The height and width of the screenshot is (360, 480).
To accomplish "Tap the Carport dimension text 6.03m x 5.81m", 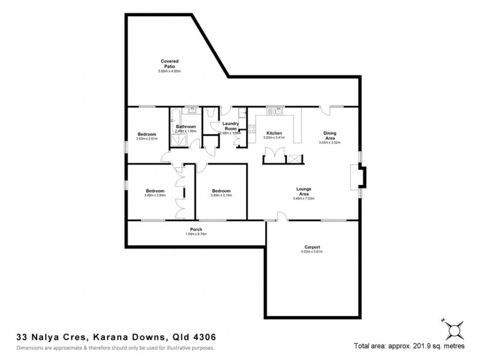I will click(311, 252).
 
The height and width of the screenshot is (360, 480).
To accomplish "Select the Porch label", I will click(196, 229).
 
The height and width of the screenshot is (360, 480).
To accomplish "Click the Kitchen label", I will click(275, 133).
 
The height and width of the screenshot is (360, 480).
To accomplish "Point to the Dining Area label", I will click(329, 136).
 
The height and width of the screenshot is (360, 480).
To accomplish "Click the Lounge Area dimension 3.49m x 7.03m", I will click(303, 198).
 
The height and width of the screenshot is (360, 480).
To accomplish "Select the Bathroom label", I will click(185, 127).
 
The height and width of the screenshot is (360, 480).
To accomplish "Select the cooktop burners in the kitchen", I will click(251, 128).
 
